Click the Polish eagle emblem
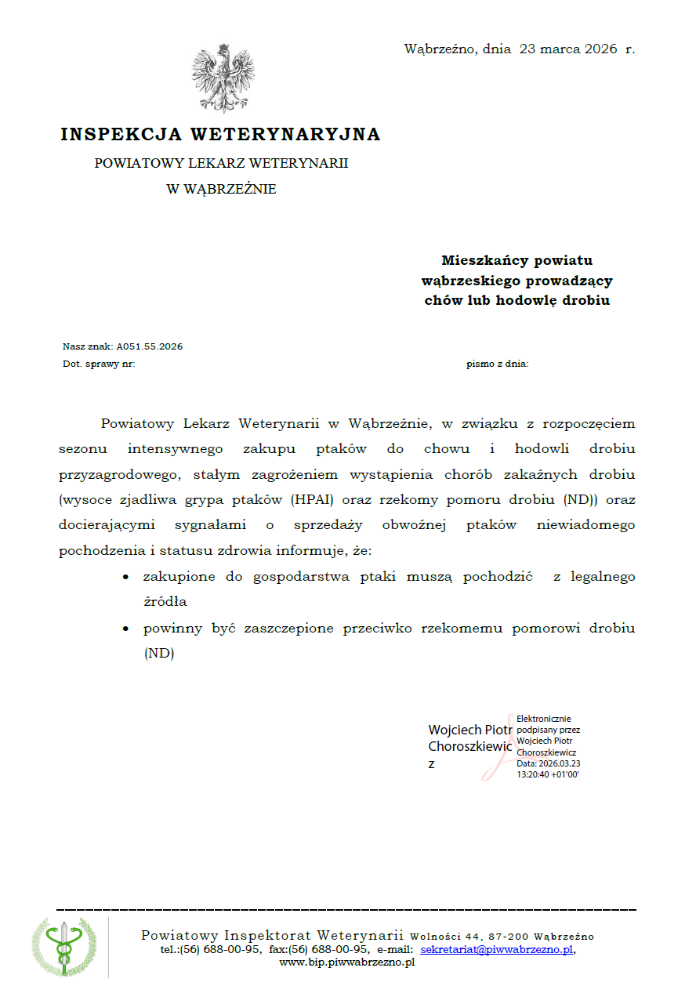(223, 79)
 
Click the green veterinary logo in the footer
(64, 946)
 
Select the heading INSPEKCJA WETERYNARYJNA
(220, 135)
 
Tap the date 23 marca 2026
(568, 49)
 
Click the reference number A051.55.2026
(150, 346)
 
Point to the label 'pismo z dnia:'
(497, 364)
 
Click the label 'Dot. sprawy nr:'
(99, 364)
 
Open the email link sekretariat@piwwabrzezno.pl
(497, 949)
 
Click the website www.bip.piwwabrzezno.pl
(347, 962)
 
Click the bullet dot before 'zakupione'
(125, 577)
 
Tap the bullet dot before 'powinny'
(125, 629)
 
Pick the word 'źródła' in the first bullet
(165, 602)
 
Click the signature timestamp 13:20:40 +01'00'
(547, 774)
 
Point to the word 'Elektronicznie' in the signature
(544, 719)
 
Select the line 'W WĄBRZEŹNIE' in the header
(221, 189)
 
